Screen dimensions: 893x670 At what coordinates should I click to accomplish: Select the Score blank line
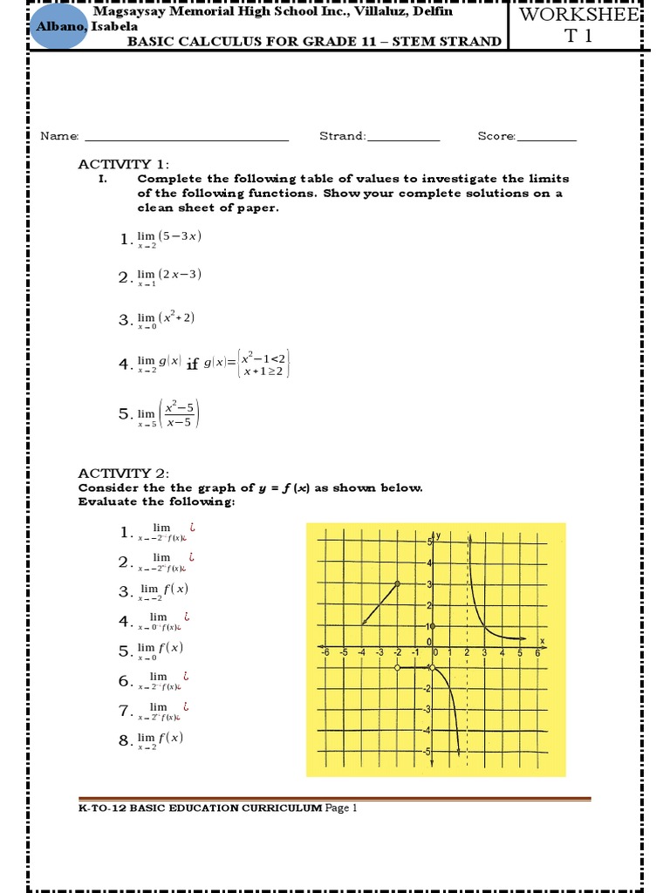tap(547, 138)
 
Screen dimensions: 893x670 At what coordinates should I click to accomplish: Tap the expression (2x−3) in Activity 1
tap(181, 274)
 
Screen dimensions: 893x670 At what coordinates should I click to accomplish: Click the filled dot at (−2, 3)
tap(397, 583)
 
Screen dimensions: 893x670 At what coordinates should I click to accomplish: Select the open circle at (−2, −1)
tap(397, 667)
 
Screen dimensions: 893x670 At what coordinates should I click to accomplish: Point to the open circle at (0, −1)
tap(434, 667)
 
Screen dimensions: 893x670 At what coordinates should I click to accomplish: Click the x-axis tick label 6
tap(537, 653)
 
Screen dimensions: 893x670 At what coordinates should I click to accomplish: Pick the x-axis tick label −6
tap(325, 653)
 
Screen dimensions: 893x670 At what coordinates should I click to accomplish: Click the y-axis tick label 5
tap(428, 542)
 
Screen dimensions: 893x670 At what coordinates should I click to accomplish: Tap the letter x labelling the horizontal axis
tap(542, 641)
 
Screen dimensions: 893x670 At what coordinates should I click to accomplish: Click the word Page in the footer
tap(337, 808)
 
